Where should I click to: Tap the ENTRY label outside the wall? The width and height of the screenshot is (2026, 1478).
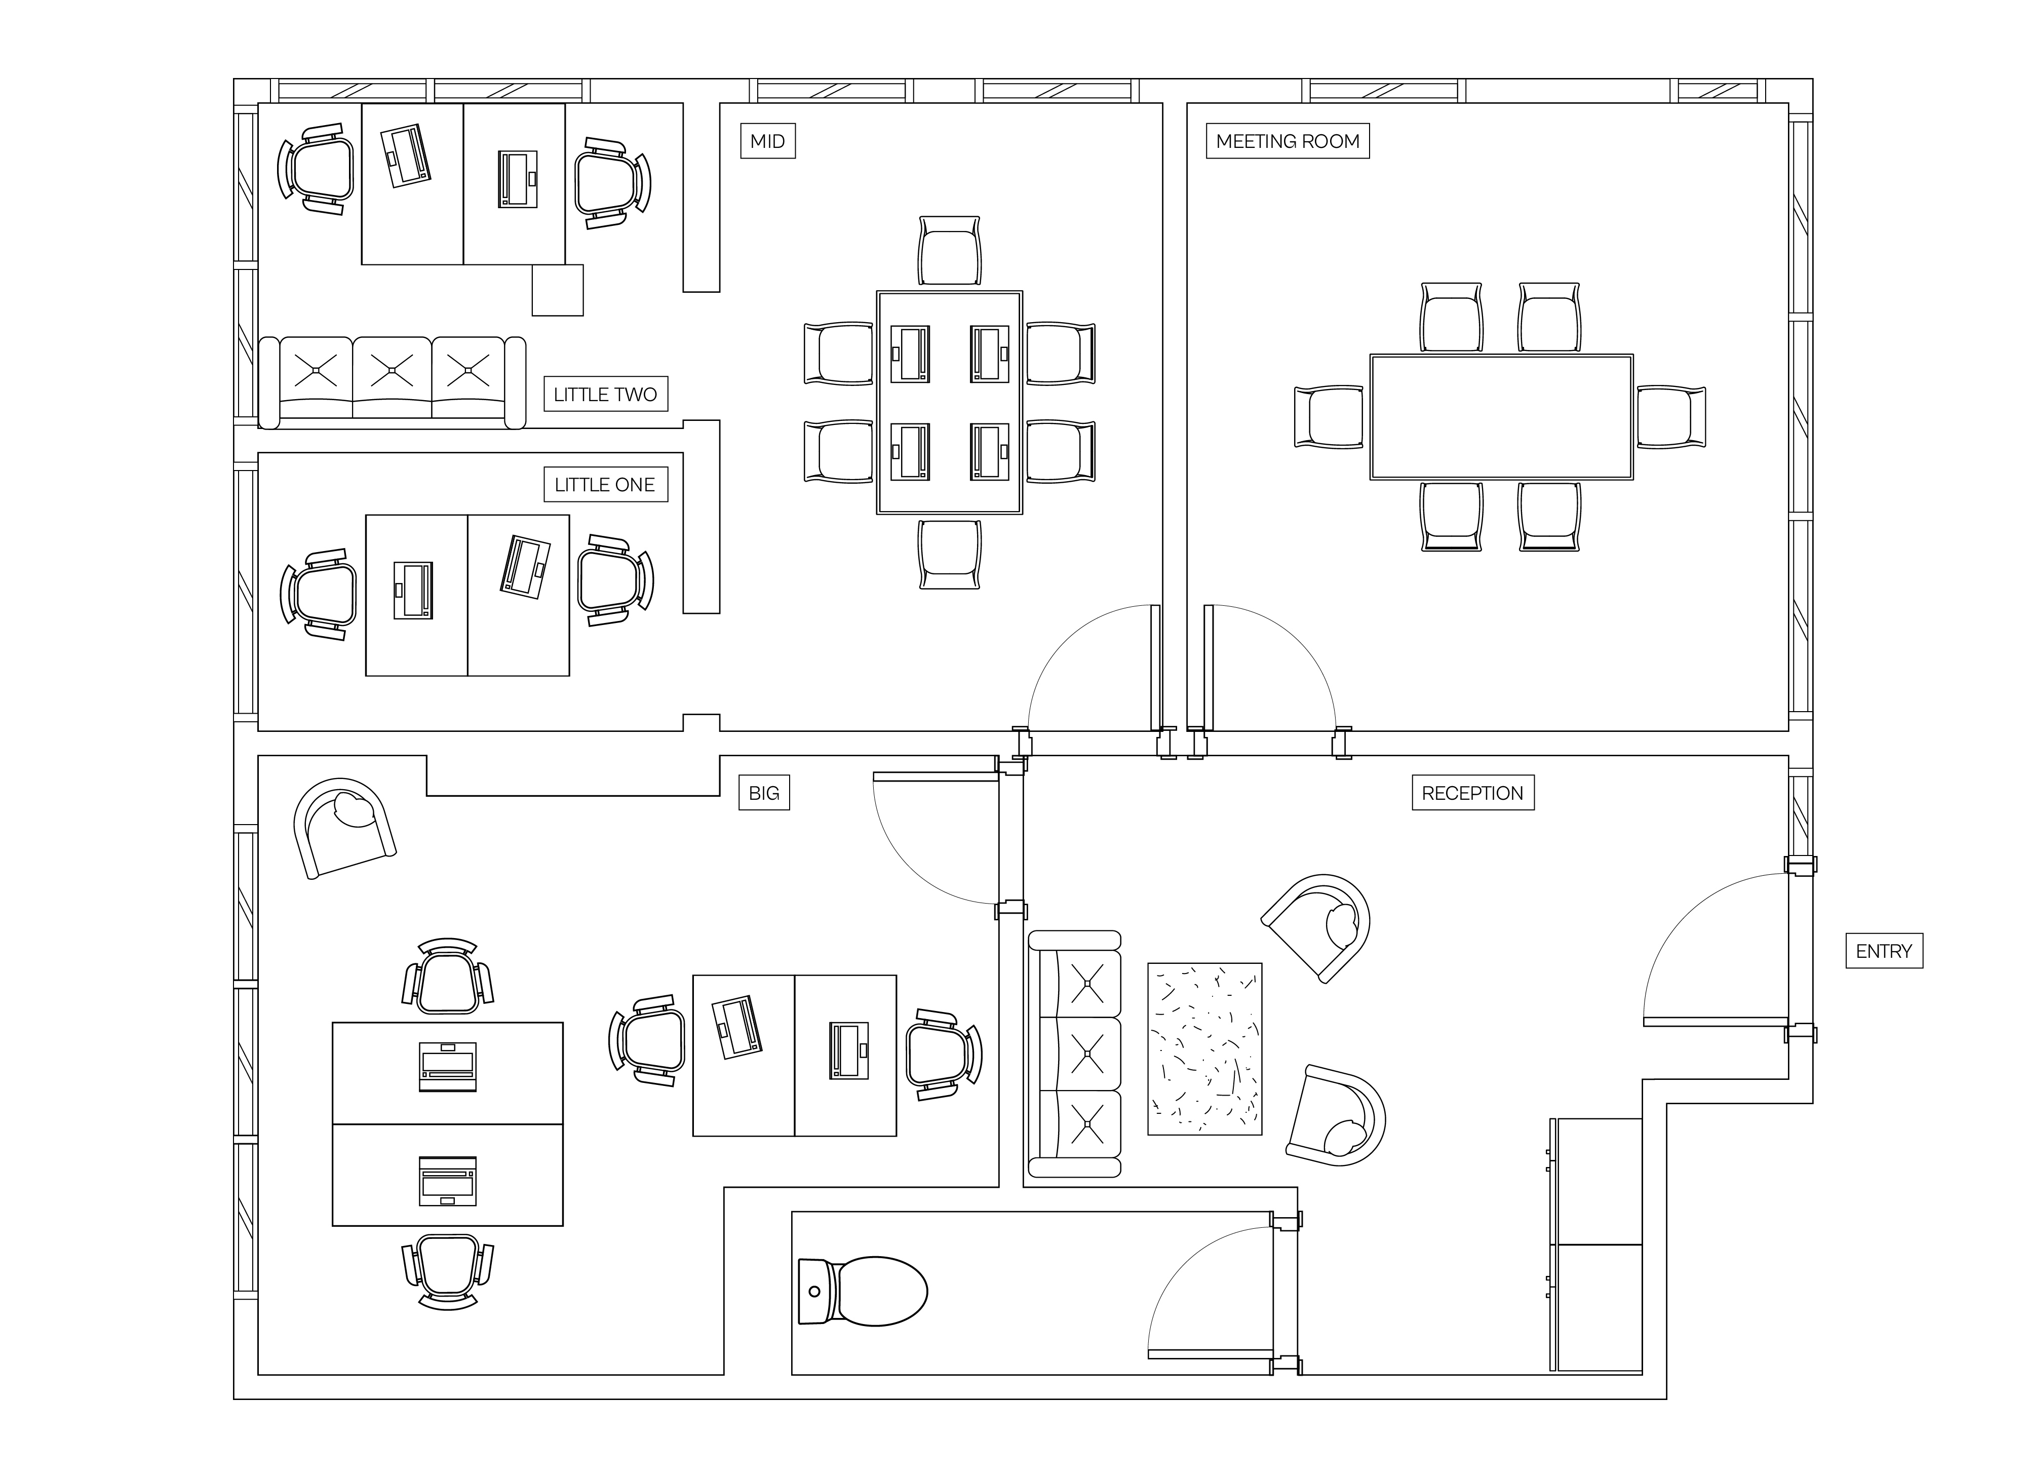pos(1884,951)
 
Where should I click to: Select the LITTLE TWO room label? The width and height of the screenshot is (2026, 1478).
pos(606,395)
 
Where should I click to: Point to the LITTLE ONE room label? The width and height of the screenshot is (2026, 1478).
pos(606,485)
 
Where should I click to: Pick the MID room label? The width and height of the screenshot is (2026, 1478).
pos(767,141)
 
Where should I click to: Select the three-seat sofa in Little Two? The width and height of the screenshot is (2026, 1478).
pos(392,382)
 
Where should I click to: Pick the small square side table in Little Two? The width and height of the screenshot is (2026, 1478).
pos(557,290)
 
